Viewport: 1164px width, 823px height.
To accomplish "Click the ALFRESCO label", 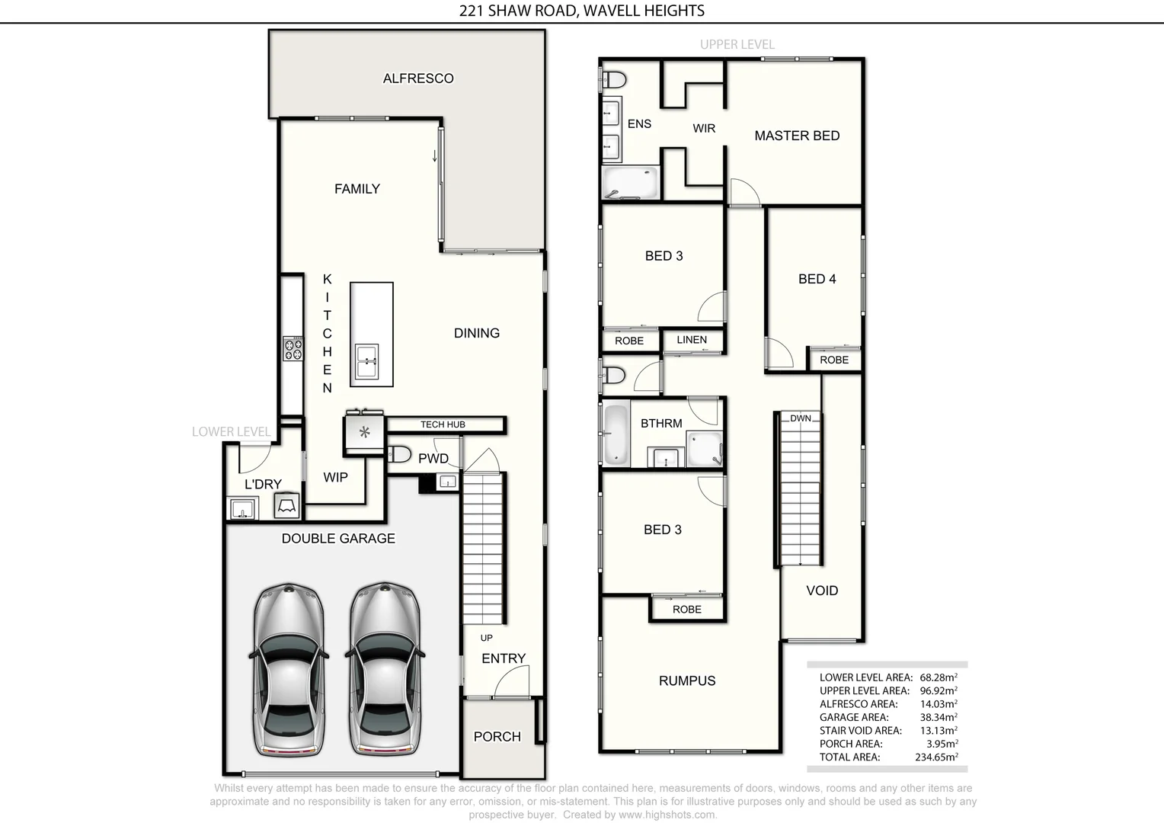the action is click(x=418, y=78).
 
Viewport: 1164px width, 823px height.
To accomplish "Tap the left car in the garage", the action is click(x=289, y=671).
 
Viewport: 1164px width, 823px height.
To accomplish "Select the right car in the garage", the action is click(x=385, y=671).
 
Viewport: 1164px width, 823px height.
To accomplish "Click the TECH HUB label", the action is click(x=443, y=424).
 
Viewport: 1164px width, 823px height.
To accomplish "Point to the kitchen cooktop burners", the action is click(x=293, y=348).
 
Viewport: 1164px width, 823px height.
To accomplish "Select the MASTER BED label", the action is click(x=797, y=136).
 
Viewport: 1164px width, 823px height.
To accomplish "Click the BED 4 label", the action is click(x=817, y=279).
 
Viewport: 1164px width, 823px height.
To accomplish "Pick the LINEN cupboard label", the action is click(x=692, y=340).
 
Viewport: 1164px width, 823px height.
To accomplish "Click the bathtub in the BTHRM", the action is click(x=615, y=434).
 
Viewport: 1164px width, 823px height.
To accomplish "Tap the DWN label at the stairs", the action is click(x=800, y=418).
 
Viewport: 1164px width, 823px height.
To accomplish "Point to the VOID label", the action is click(x=822, y=591).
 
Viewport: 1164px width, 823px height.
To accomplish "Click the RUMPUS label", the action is click(x=687, y=681).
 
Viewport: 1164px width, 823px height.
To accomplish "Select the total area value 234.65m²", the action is click(x=935, y=757).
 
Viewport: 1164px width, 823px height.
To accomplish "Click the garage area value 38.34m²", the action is click(x=938, y=717).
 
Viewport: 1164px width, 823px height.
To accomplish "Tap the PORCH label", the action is click(x=497, y=737).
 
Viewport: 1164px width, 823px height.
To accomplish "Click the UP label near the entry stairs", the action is click(x=486, y=638).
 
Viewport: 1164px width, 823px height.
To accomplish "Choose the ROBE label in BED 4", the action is click(x=834, y=360).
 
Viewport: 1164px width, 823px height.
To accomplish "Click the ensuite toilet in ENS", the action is click(x=614, y=79).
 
